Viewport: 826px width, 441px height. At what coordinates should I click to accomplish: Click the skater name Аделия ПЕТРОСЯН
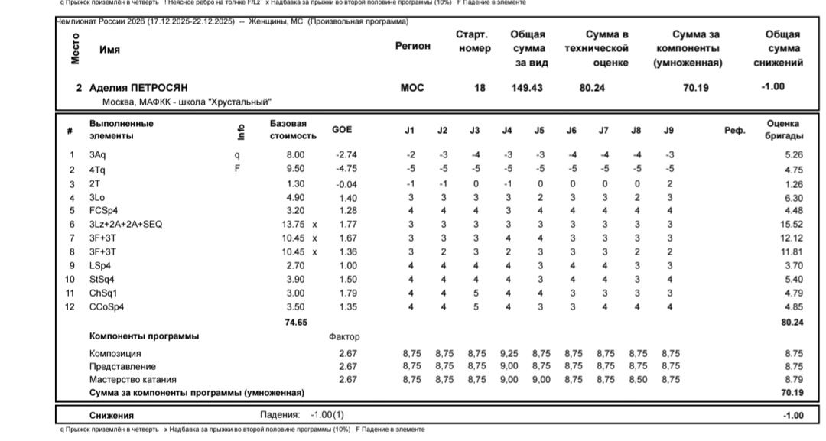click(138, 88)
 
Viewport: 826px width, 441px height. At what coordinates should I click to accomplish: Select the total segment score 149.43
click(527, 88)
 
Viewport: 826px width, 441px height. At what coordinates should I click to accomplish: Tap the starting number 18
click(480, 88)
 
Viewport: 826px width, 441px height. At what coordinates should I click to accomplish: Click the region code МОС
click(412, 88)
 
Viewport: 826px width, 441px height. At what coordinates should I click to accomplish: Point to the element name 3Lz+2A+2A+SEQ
click(126, 225)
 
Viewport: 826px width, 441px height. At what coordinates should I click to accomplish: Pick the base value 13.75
click(294, 225)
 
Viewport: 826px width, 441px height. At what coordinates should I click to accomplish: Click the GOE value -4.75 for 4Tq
click(346, 170)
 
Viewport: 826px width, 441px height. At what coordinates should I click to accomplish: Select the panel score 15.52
click(792, 225)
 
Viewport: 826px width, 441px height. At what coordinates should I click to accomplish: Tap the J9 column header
click(669, 131)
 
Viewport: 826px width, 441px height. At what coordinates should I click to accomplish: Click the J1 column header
click(410, 131)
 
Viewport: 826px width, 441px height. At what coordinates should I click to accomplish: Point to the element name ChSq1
click(102, 293)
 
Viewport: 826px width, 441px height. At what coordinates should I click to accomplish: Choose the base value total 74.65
click(296, 323)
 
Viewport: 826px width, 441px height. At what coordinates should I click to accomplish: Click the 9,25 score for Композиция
click(508, 354)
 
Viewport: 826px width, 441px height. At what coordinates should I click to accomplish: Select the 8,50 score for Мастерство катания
click(637, 379)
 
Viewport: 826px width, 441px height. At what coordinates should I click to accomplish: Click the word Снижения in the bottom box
click(112, 415)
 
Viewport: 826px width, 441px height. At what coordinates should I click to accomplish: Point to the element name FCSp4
click(103, 211)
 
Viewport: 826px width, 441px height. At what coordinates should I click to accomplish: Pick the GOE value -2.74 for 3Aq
click(346, 156)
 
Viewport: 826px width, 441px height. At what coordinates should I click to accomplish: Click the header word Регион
click(413, 46)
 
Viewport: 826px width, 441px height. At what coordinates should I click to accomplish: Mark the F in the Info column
click(237, 170)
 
